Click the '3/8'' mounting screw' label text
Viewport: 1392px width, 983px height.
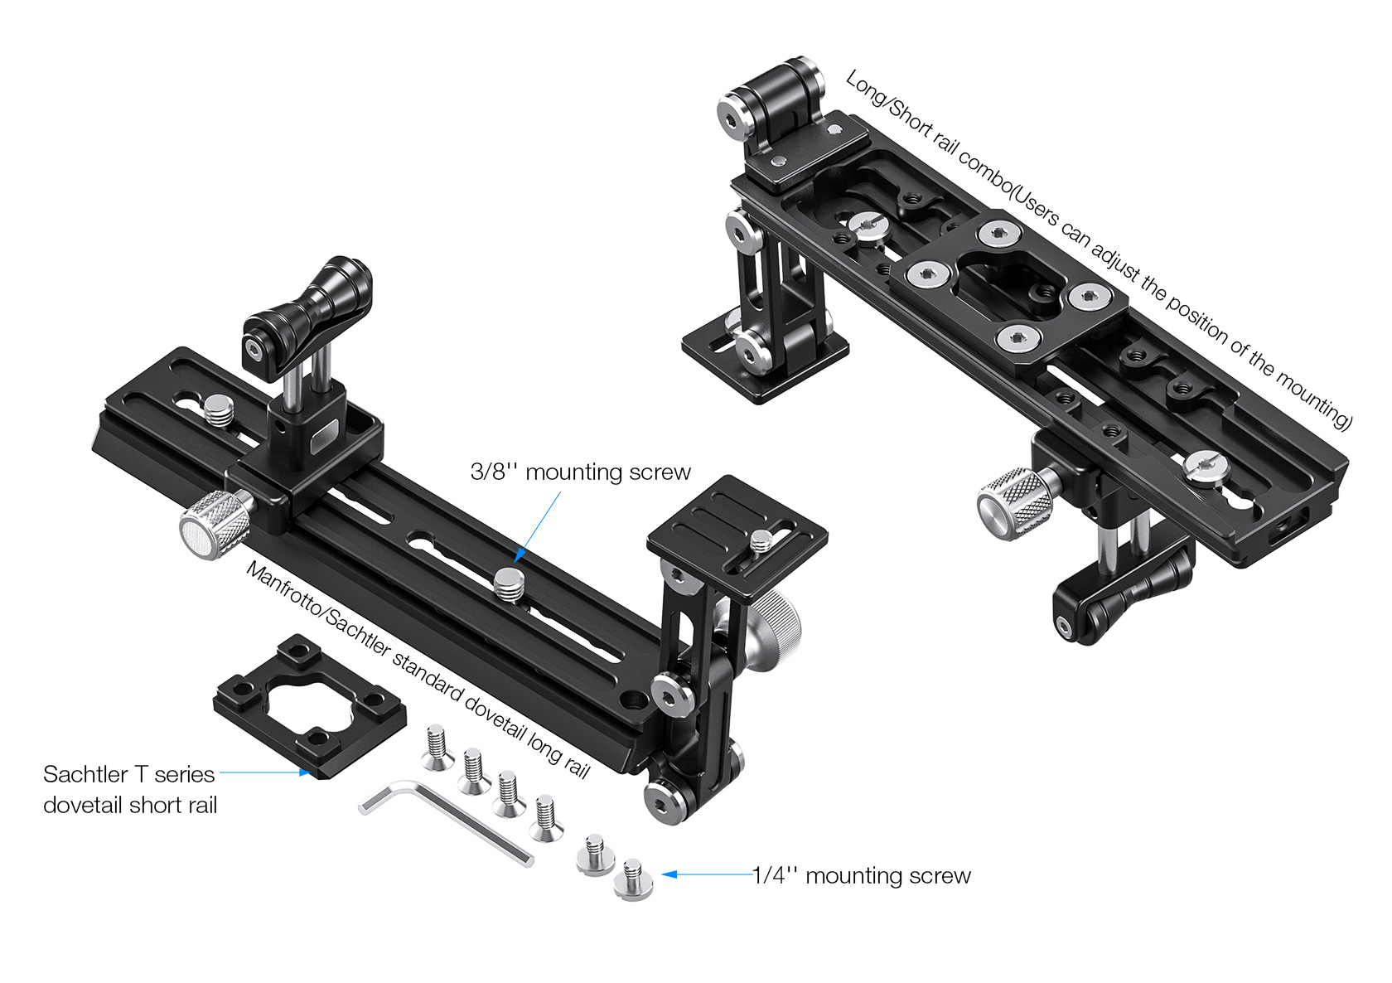tap(580, 472)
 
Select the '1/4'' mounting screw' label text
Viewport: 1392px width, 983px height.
tap(862, 875)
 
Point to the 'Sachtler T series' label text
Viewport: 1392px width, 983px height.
tap(128, 774)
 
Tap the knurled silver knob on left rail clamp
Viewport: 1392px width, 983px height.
tap(214, 524)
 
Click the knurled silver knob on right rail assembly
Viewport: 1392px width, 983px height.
tap(1015, 504)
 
